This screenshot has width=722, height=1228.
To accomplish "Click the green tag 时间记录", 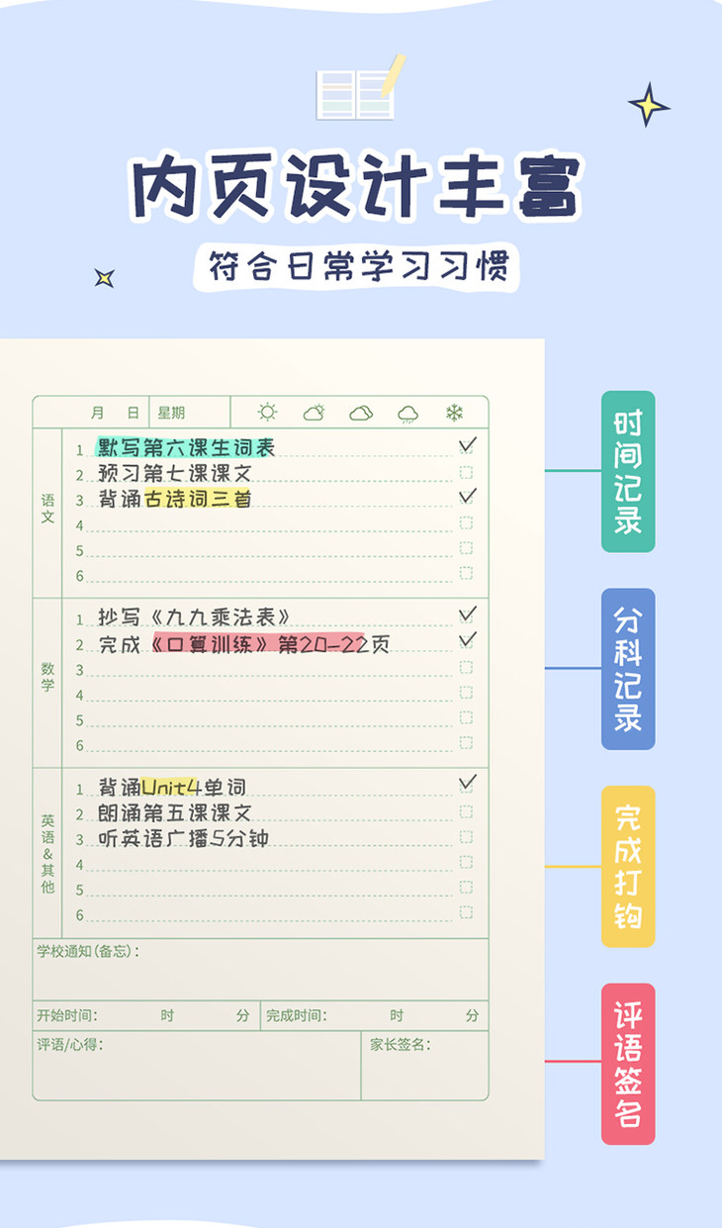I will [x=628, y=471].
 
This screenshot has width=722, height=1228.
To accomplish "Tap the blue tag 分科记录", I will [x=628, y=669].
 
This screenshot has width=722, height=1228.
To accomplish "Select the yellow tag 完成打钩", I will [x=628, y=866].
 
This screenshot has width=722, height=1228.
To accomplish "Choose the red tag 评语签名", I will [x=628, y=1064].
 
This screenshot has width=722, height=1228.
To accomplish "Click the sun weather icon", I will [x=267, y=413].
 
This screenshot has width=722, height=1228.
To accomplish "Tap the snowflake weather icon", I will [x=454, y=413].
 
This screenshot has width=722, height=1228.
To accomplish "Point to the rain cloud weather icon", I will [x=407, y=414].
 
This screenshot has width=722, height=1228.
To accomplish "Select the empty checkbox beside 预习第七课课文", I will [x=466, y=473].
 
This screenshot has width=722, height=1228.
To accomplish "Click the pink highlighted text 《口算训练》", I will [x=210, y=644].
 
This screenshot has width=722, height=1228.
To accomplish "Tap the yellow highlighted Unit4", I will [x=171, y=788].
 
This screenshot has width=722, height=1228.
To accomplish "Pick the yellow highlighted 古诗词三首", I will [x=198, y=499].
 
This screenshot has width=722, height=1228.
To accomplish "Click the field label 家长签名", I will [x=400, y=1044].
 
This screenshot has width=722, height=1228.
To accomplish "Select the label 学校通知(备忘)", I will [x=87, y=952].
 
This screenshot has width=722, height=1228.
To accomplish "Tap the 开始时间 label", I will [x=66, y=1015].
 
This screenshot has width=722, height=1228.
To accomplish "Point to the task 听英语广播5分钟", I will [x=184, y=839].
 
